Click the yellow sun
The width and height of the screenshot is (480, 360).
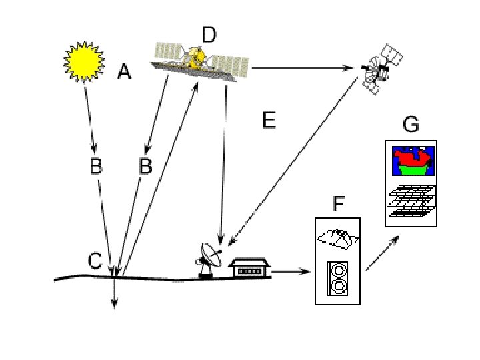pyautogui.click(x=84, y=61)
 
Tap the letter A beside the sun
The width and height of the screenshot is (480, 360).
pyautogui.click(x=124, y=71)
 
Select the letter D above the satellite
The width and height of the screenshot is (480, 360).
pyautogui.click(x=209, y=35)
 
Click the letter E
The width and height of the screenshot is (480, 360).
pyautogui.click(x=269, y=120)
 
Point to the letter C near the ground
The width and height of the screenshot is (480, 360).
pyautogui.click(x=97, y=261)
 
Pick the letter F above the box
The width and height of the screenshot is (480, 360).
pyautogui.click(x=338, y=203)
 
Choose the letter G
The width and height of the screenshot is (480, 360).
pyautogui.click(x=411, y=125)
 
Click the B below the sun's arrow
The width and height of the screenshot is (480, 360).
pyautogui.click(x=96, y=167)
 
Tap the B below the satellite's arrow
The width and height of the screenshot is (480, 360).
pyautogui.click(x=145, y=167)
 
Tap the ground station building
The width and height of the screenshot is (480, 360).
pyautogui.click(x=250, y=269)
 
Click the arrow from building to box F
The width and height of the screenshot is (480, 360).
pyautogui.click(x=292, y=271)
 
